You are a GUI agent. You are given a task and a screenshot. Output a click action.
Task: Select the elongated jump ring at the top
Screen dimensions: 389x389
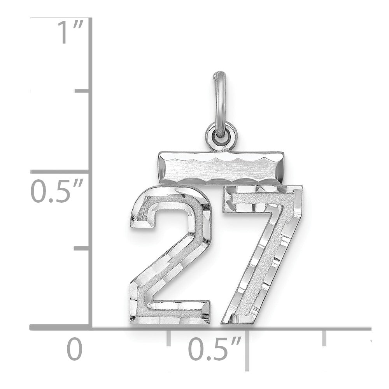pos(220,104)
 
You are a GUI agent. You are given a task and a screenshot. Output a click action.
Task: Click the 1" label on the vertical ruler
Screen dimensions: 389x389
pos(70,32)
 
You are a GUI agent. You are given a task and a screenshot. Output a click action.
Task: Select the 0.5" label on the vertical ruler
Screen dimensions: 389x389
pos(56,191)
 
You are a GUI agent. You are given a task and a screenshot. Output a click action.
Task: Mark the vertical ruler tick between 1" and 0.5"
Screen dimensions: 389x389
pos(82,91)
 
